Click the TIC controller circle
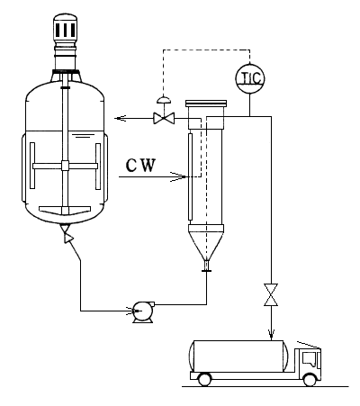click(x=249, y=78)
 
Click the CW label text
click(x=141, y=166)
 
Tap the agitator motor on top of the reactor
click(x=65, y=26)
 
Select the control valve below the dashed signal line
click(x=164, y=118)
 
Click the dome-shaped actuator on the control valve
click(x=164, y=100)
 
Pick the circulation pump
click(x=143, y=311)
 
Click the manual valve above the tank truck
click(x=271, y=294)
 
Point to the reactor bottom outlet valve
click(x=67, y=234)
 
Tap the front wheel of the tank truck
click(x=310, y=379)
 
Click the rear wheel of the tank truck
click(x=204, y=379)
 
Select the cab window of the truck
click(x=310, y=359)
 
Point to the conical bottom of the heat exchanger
click(x=206, y=243)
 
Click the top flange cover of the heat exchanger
click(x=206, y=104)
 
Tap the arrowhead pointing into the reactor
click(x=120, y=118)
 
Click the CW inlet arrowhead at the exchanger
click(x=178, y=176)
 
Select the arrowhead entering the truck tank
click(x=271, y=333)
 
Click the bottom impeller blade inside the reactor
click(x=65, y=210)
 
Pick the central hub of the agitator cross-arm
click(x=65, y=166)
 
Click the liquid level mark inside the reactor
click(x=83, y=137)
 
